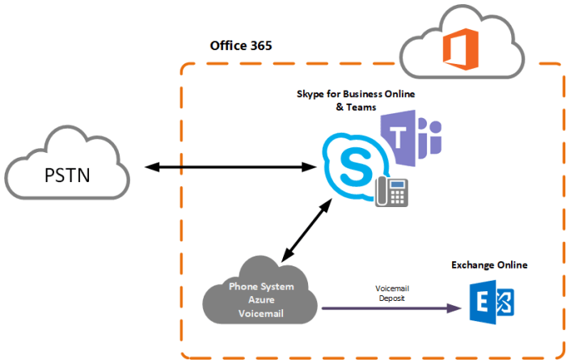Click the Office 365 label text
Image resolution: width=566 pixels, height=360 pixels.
click(x=241, y=45)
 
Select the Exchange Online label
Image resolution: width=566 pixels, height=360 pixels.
click(x=489, y=265)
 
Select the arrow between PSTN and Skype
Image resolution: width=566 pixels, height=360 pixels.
click(x=230, y=167)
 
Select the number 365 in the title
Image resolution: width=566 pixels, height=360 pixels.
click(x=260, y=45)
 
